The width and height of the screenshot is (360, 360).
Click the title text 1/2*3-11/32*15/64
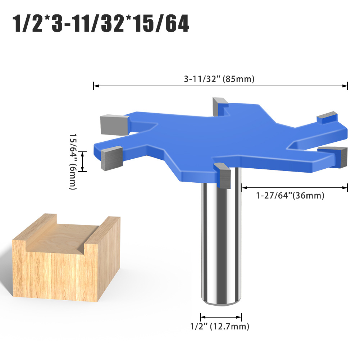(101, 24)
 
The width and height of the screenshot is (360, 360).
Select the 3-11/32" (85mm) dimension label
(219, 79)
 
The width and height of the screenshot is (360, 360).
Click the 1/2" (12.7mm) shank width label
(220, 327)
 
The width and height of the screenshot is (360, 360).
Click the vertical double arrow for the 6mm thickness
(83, 161)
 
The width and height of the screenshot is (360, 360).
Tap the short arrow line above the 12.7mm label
(221, 317)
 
